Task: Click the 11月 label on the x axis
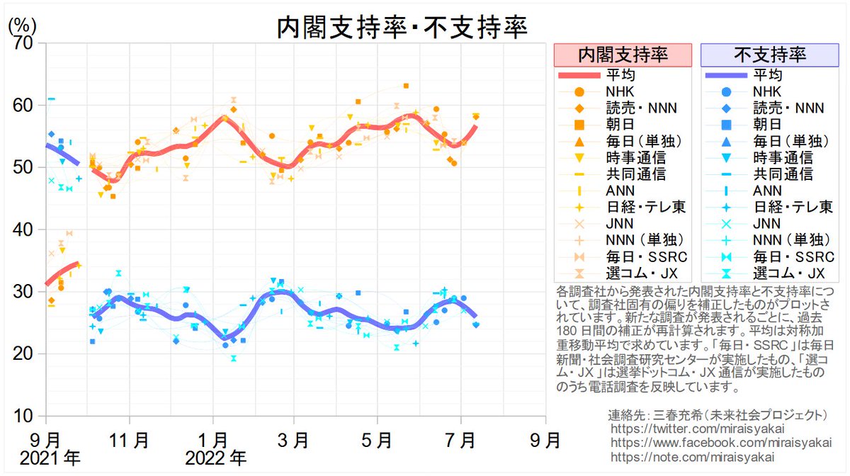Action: point(129,440)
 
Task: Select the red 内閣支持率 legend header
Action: point(622,55)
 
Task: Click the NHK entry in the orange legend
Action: point(620,91)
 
